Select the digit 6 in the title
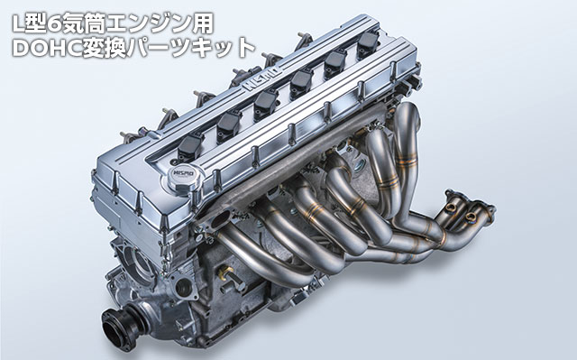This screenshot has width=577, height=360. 59,20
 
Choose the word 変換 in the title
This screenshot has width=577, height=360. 118,47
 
